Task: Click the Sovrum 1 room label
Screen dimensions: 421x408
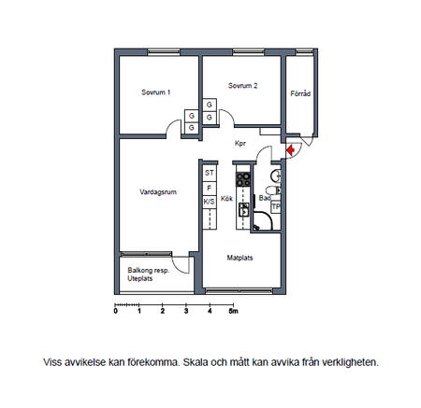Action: pyautogui.click(x=156, y=92)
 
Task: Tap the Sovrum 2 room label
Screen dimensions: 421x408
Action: pyautogui.click(x=242, y=86)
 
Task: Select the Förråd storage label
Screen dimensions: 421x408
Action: pyautogui.click(x=300, y=93)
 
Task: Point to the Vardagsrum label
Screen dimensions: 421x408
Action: pyautogui.click(x=158, y=192)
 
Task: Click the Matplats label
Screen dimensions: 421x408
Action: pyautogui.click(x=240, y=258)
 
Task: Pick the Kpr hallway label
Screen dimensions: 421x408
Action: pyautogui.click(x=240, y=144)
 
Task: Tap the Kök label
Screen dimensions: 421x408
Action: pyautogui.click(x=226, y=199)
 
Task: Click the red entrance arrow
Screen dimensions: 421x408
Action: pyautogui.click(x=291, y=150)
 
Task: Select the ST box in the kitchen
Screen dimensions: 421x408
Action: pyautogui.click(x=210, y=173)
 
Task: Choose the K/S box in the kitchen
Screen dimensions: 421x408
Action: pyautogui.click(x=210, y=202)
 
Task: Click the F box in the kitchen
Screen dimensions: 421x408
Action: pyautogui.click(x=210, y=188)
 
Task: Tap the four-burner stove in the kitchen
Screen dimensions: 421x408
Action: pyautogui.click(x=243, y=179)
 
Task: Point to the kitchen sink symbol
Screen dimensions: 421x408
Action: pyautogui.click(x=243, y=209)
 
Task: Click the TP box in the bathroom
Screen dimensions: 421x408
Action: pyautogui.click(x=276, y=206)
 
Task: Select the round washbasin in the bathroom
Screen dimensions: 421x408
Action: pyautogui.click(x=276, y=176)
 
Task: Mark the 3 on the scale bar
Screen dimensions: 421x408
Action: pyautogui.click(x=186, y=311)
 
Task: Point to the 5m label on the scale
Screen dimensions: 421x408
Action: pyautogui.click(x=233, y=311)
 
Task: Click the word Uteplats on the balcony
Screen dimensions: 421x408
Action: pyautogui.click(x=140, y=278)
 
